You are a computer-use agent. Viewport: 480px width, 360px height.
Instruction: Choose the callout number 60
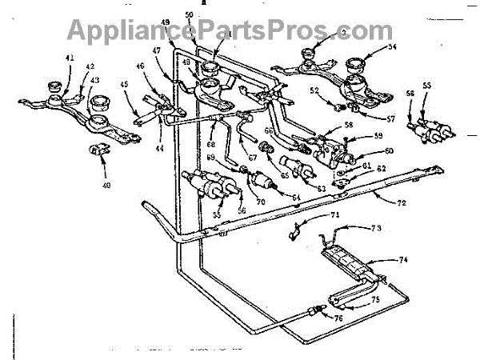pyautogui.click(x=389, y=150)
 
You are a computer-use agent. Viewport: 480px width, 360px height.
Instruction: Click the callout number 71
pyautogui.click(x=313, y=216)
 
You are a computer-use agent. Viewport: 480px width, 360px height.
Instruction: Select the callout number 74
pyautogui.click(x=403, y=258)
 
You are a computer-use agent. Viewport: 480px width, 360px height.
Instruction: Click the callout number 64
pyautogui.click(x=296, y=197)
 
